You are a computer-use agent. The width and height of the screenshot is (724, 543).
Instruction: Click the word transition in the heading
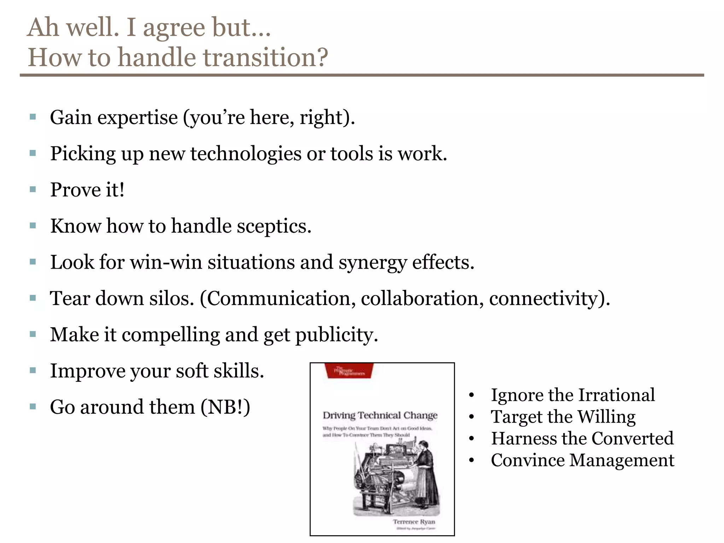pos(260,57)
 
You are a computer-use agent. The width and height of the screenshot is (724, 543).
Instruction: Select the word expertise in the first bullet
pos(138,118)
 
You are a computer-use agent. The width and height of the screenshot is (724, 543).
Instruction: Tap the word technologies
pos(246,154)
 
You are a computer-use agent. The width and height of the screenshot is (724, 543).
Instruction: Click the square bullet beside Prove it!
pos(33,189)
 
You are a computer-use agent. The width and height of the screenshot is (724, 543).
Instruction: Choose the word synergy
pos(373,263)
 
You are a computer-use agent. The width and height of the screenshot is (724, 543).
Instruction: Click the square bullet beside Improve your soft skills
pos(33,370)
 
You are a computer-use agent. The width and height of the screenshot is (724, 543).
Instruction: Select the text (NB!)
pos(226,407)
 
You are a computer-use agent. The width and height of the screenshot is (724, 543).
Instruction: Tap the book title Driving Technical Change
pos(380,415)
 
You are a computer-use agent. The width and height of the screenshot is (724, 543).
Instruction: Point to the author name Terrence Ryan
pos(414,521)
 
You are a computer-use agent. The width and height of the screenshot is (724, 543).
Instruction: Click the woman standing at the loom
pos(426,470)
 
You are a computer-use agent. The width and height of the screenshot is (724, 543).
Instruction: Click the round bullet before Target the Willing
pos(471,417)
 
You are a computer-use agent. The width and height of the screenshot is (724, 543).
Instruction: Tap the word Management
pos(622,461)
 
